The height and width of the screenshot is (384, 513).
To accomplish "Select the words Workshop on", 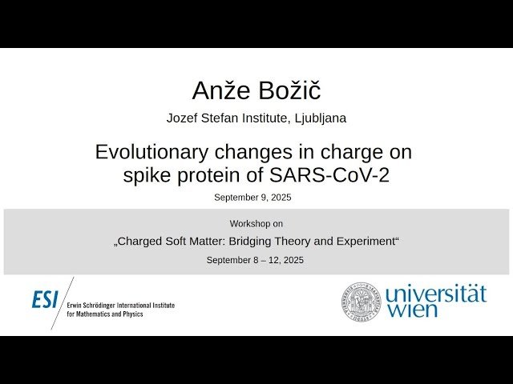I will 256,224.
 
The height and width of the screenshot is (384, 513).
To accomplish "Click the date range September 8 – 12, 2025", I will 255,260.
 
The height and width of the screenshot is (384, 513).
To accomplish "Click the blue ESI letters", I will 45,299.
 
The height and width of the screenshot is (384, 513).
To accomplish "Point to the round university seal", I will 362,301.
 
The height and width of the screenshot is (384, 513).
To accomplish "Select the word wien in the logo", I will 412,310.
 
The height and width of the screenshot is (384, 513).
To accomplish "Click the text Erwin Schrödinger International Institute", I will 121,306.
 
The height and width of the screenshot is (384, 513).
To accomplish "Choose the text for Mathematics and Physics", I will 107,314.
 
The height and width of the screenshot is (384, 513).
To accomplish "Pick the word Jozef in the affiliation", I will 183,118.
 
